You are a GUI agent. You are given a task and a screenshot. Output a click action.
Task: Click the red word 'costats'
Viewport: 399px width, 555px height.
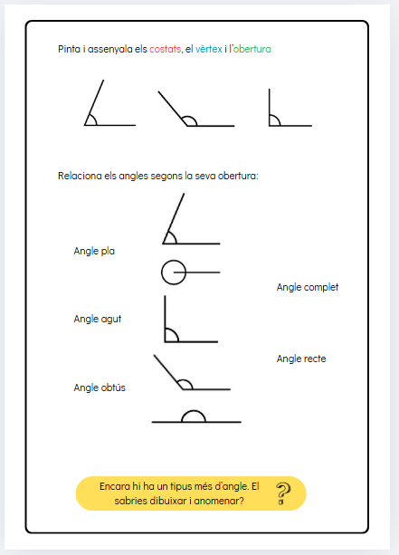(x=165, y=49)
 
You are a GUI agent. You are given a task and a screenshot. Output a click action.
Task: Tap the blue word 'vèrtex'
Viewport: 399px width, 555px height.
(x=210, y=49)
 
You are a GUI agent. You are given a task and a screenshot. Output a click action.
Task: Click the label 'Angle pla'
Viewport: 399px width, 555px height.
(x=94, y=251)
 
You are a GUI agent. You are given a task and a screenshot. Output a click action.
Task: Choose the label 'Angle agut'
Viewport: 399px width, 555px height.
(x=97, y=319)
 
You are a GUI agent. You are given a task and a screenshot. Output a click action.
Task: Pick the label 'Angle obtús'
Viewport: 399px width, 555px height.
(x=100, y=388)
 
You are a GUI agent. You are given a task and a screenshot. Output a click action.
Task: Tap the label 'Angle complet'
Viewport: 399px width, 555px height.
(x=308, y=287)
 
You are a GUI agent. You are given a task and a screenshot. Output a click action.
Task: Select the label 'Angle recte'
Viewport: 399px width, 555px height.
(x=301, y=359)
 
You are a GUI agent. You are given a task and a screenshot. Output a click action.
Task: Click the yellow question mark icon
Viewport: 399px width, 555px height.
(x=284, y=493)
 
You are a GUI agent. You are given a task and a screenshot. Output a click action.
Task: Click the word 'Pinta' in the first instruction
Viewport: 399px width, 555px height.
(x=67, y=49)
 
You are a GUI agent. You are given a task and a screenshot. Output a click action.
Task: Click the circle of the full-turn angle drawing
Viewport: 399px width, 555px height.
(x=173, y=271)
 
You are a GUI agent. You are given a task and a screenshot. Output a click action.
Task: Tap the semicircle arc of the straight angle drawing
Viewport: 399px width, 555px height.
(x=194, y=416)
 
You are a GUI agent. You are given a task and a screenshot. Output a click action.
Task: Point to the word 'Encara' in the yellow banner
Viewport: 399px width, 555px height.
(x=116, y=486)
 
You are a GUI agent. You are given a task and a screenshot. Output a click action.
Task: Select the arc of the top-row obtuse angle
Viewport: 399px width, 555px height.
(x=189, y=120)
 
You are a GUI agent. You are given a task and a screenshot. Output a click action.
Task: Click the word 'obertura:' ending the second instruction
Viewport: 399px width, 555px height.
(x=240, y=176)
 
